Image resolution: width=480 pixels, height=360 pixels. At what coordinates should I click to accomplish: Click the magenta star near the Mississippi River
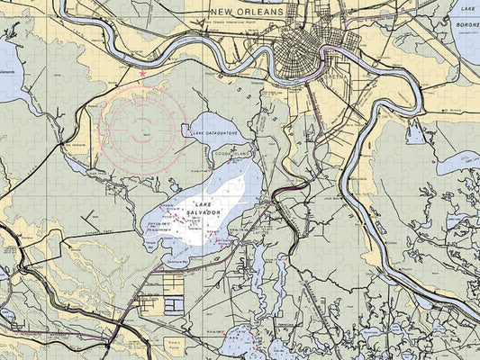(141, 73)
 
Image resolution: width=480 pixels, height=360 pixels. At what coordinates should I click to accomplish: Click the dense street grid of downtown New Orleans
(297, 49)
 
